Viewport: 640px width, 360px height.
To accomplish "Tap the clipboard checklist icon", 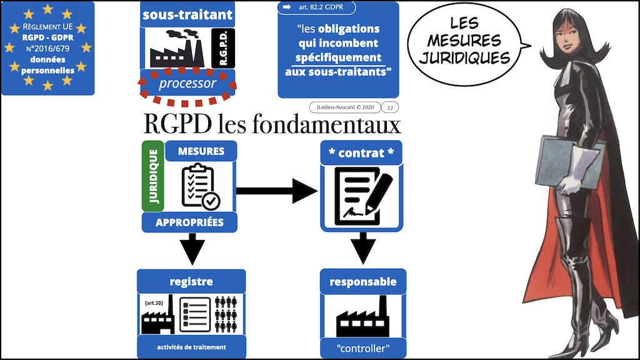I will [x=199, y=186].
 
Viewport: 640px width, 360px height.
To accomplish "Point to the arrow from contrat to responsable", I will [x=362, y=246].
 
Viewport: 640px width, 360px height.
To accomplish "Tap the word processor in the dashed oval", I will [x=187, y=84].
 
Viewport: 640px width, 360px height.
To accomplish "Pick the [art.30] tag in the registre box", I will [x=153, y=303].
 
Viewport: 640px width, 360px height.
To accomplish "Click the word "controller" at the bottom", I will [x=362, y=346].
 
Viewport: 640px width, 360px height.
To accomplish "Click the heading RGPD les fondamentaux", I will [x=272, y=126].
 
